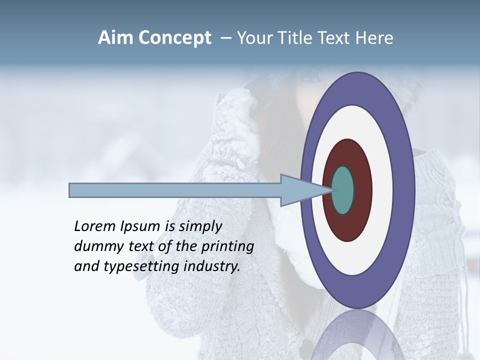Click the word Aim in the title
pos(116,38)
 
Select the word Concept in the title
pos(174,38)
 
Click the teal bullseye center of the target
pos(343,190)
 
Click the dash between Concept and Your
pos(225,38)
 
